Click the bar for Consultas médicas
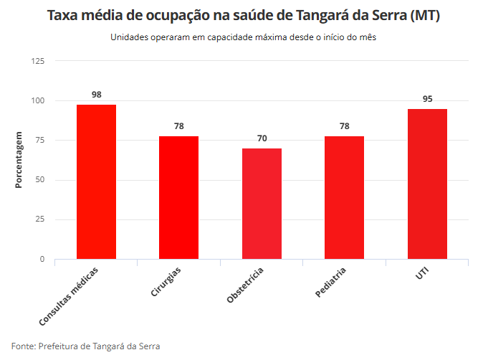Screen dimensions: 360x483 coord(96,181)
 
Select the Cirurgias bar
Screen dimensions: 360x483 coord(178,197)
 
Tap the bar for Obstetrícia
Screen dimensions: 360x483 coord(262,204)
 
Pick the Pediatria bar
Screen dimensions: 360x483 coord(344,197)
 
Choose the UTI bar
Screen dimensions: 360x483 coord(427,184)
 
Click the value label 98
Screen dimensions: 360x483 coord(96,95)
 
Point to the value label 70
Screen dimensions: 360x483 coord(262,138)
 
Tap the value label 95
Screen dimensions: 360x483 coord(427,99)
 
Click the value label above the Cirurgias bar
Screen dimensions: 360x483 coord(178,126)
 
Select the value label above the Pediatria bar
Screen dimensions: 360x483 coord(344,126)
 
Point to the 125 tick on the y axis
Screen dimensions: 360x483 coord(38,61)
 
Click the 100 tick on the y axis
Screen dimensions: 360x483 coord(38,100)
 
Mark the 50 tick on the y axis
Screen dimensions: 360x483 coord(40,180)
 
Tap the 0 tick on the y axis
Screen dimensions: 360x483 coord(42,259)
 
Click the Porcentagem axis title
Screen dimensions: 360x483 coord(19,160)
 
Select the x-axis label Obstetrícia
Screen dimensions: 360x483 coord(246,285)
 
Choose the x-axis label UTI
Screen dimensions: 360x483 coord(422,273)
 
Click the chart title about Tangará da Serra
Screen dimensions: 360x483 coord(243,16)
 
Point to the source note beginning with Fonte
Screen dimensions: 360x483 coord(86,346)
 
